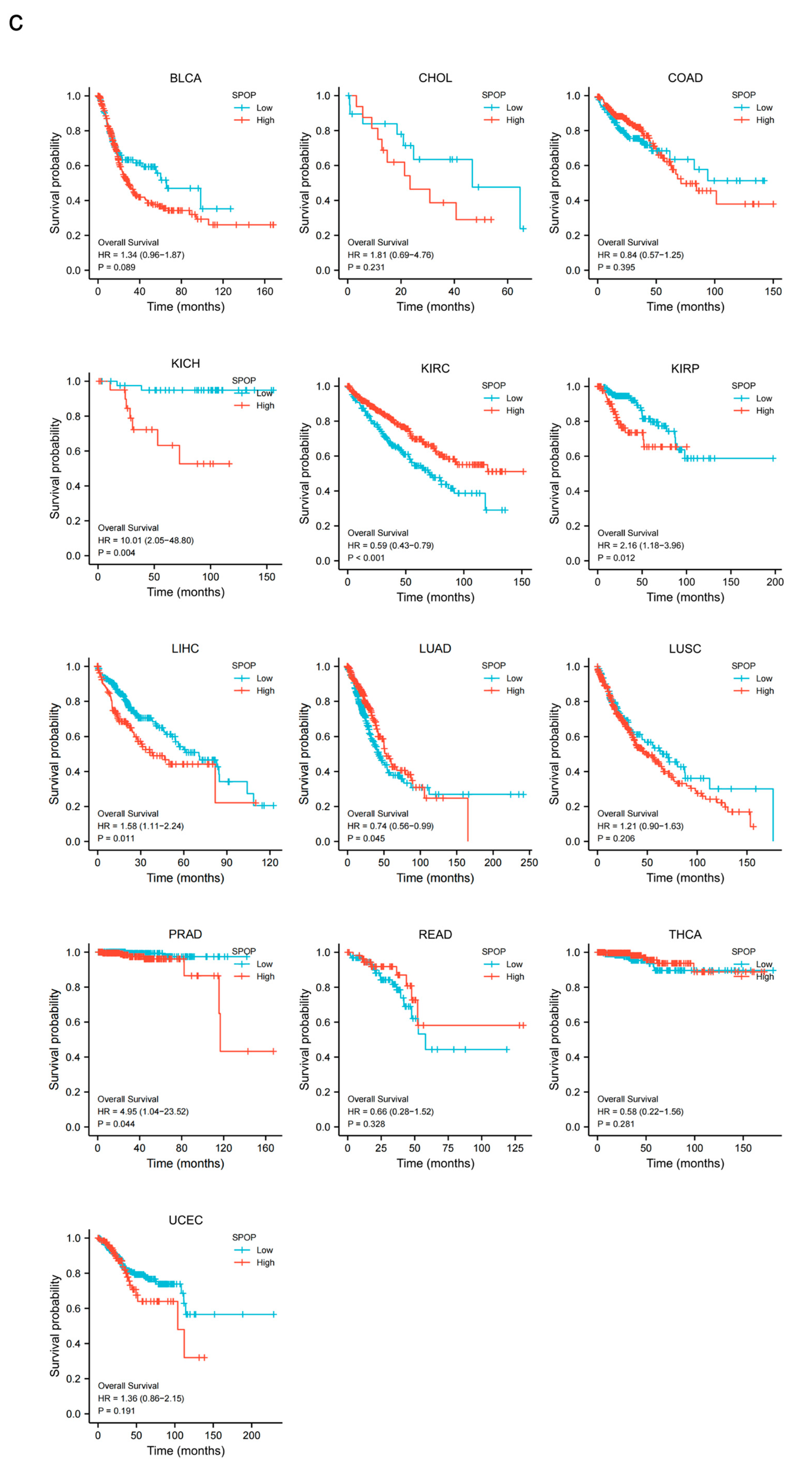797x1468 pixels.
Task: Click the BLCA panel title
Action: point(185,78)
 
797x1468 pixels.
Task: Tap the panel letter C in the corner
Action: point(16,23)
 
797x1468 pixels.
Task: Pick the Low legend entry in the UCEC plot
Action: point(264,1250)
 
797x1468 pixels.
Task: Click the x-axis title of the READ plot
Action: point(435,1163)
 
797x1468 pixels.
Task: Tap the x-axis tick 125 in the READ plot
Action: point(515,1148)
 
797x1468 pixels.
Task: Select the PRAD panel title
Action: point(185,934)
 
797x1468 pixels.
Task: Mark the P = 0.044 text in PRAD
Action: point(116,1124)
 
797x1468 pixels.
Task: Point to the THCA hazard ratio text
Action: point(640,1111)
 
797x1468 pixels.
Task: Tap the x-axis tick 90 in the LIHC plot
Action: point(226,862)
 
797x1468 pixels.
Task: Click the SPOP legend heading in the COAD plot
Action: point(744,95)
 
